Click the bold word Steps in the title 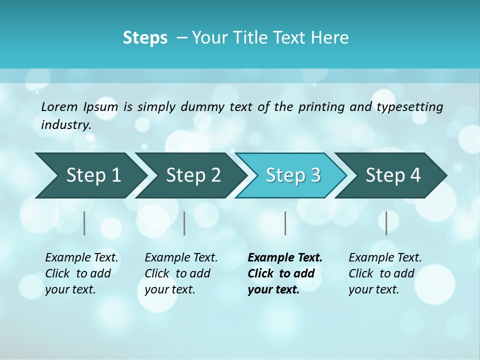click(145, 38)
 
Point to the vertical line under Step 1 click(84, 223)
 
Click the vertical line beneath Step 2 click(184, 223)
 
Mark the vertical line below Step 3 click(285, 223)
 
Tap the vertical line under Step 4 click(386, 223)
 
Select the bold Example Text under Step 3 click(285, 258)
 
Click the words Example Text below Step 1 click(81, 258)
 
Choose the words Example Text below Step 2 click(181, 258)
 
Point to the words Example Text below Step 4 click(385, 258)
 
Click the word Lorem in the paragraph click(59, 107)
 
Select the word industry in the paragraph click(65, 125)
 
